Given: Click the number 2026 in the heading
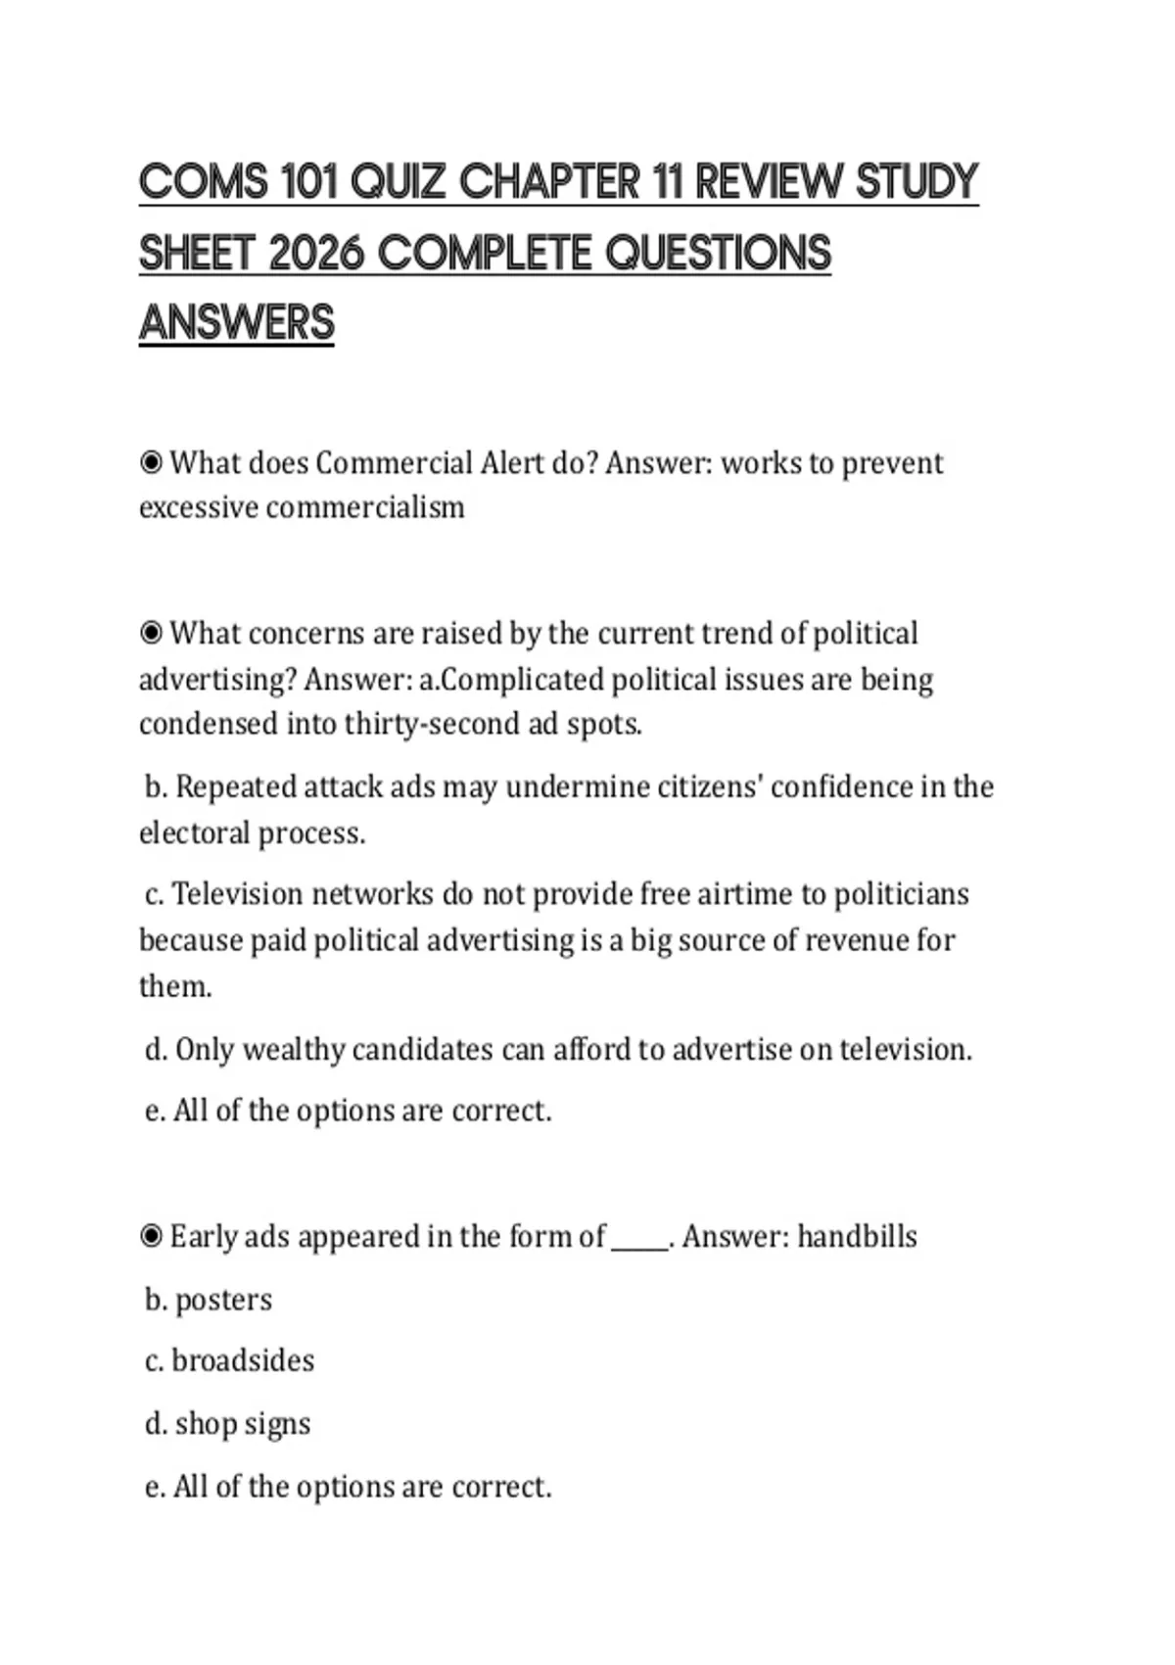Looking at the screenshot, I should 315,254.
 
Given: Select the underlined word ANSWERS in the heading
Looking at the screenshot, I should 237,323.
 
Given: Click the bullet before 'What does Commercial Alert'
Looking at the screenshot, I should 151,462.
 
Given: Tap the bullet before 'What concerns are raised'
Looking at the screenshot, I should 151,634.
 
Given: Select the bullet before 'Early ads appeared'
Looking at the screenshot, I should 151,1236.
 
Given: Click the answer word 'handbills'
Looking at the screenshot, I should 857,1237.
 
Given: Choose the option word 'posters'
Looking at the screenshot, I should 223,1301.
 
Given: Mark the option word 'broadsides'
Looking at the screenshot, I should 243,1361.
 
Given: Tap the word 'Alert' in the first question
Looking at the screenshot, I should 511,462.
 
